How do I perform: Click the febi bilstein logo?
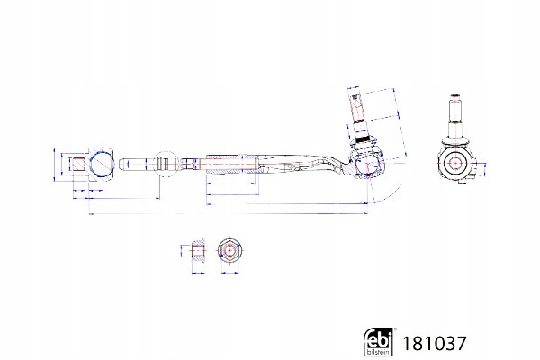(x=378, y=341)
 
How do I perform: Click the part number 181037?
(x=435, y=343)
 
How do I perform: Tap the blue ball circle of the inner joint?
(x=102, y=164)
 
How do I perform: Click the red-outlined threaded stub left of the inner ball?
(x=78, y=164)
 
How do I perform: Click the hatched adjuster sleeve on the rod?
(x=232, y=164)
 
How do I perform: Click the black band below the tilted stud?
(x=364, y=139)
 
